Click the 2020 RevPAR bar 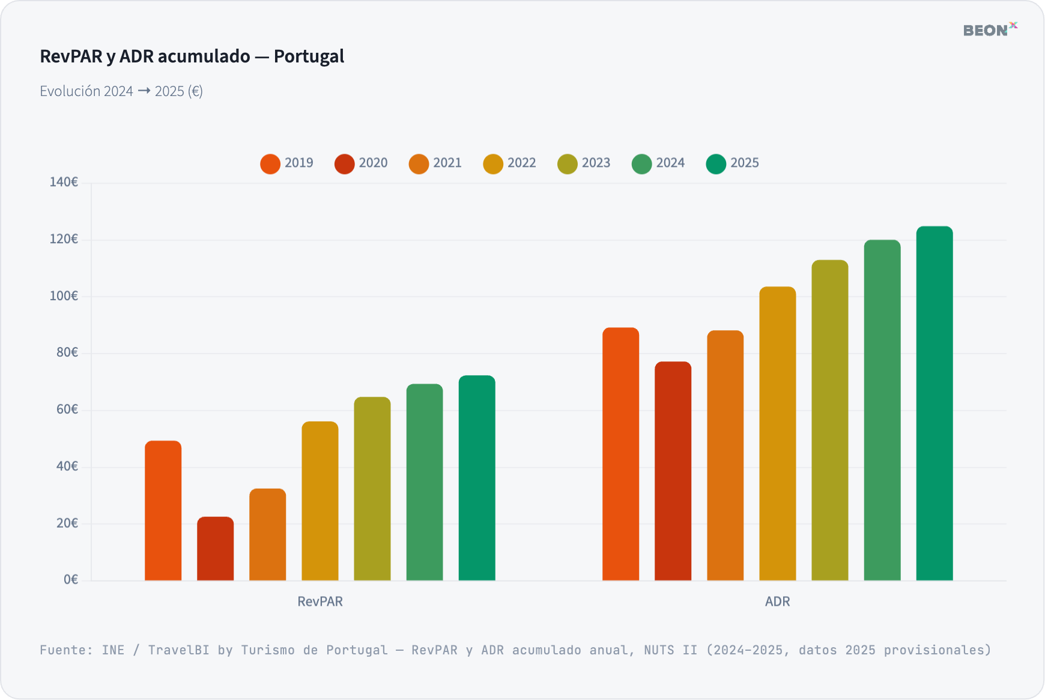(215, 549)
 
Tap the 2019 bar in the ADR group (620, 454)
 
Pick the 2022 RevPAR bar (320, 501)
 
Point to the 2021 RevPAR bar (267, 534)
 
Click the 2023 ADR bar (829, 420)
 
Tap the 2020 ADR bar (673, 471)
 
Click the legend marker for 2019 (270, 164)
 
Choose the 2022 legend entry (509, 163)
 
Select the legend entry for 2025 (732, 163)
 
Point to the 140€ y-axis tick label (64, 182)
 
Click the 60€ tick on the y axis (67, 409)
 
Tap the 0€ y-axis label (71, 580)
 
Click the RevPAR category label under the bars (320, 602)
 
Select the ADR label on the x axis (777, 602)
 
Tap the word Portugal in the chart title (309, 56)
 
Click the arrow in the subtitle (144, 91)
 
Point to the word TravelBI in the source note (178, 650)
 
